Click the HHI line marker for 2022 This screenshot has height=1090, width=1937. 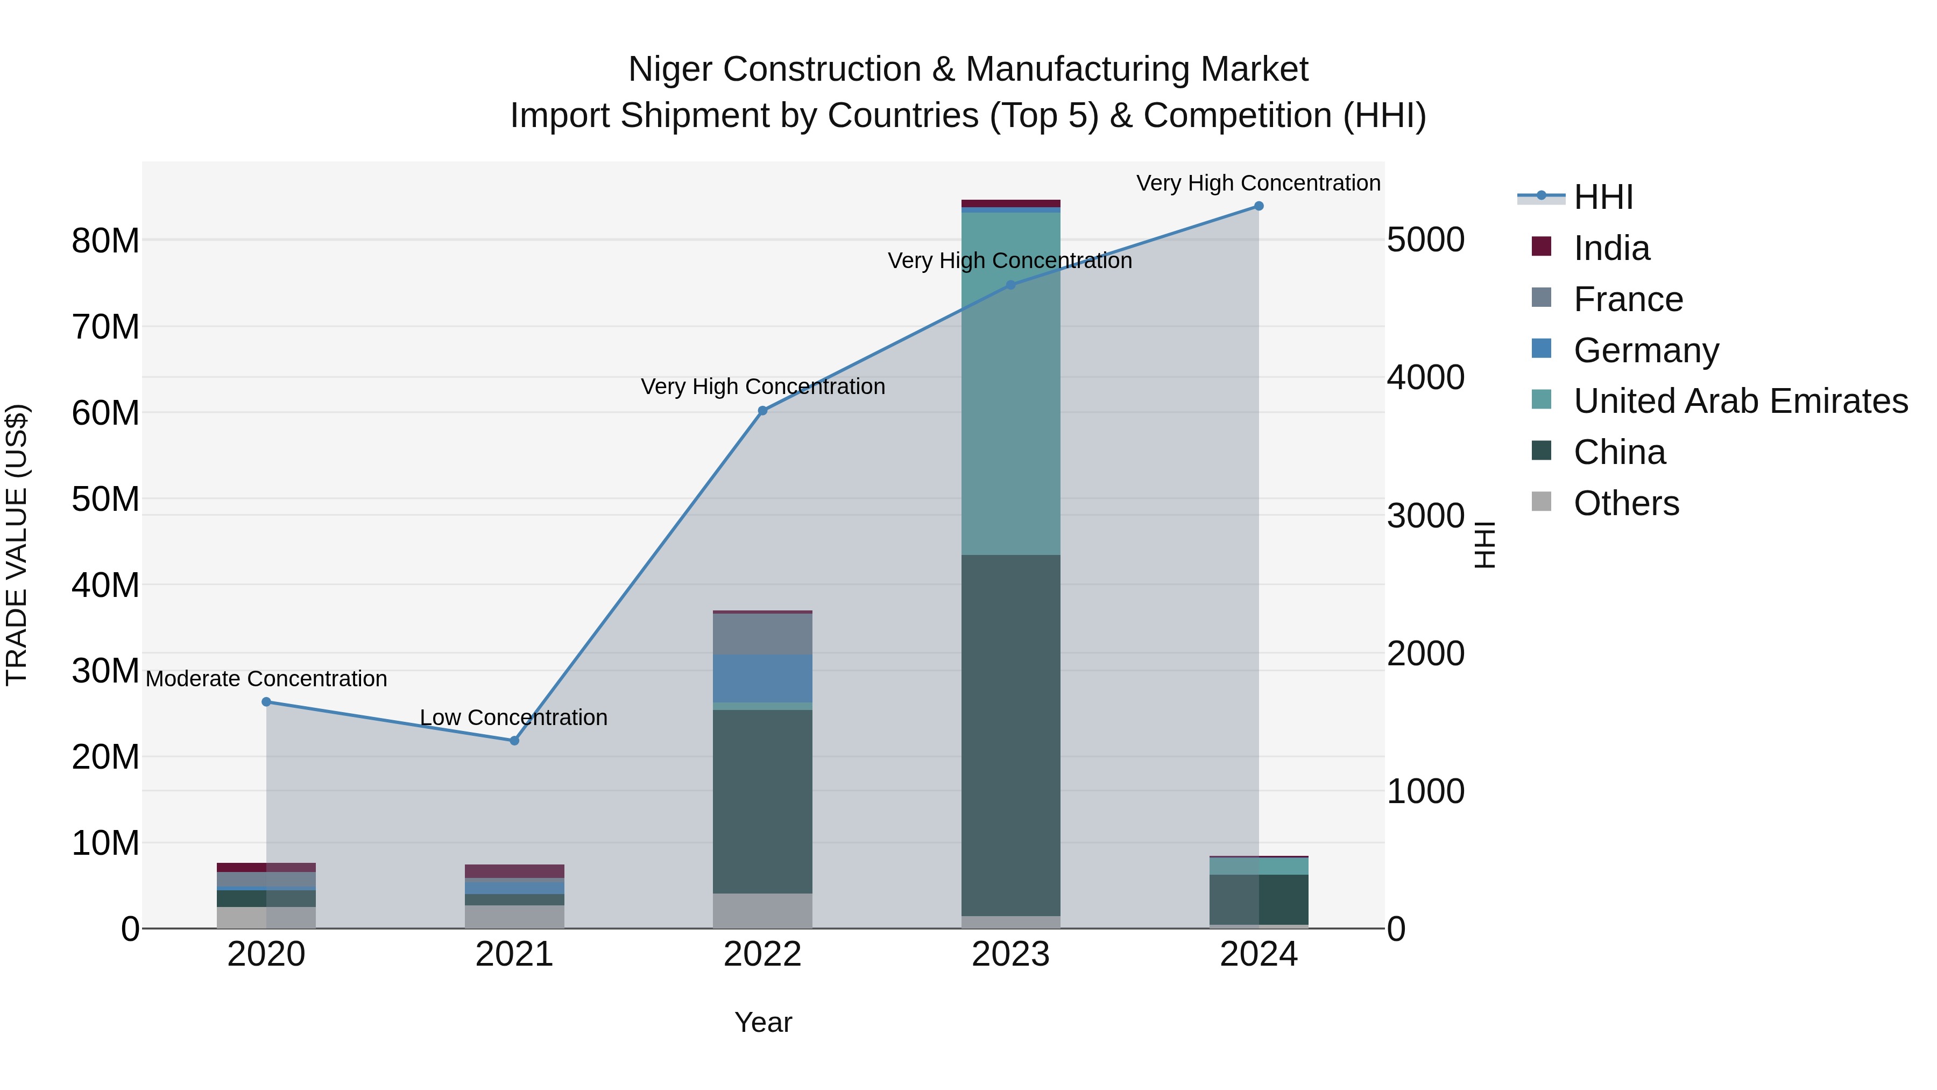click(x=762, y=411)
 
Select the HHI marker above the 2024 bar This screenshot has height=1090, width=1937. click(x=1259, y=206)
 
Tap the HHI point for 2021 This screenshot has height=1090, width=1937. click(x=514, y=741)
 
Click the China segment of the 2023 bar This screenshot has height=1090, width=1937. click(x=1010, y=735)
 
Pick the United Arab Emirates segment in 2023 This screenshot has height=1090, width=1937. click(x=1010, y=384)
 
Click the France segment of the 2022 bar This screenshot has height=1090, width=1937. click(x=762, y=634)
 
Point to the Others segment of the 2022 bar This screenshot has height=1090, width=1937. click(x=762, y=910)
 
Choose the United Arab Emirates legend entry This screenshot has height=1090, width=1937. click(x=1740, y=401)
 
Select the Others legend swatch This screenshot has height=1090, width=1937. click(x=1542, y=502)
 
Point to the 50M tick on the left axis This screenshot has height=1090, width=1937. click(x=105, y=499)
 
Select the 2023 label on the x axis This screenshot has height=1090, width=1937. click(x=1010, y=954)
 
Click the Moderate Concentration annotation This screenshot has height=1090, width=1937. click(x=266, y=679)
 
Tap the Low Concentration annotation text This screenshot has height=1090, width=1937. click(x=514, y=718)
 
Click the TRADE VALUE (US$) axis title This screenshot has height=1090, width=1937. click(x=17, y=545)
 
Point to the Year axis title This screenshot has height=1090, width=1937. click(x=762, y=1022)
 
